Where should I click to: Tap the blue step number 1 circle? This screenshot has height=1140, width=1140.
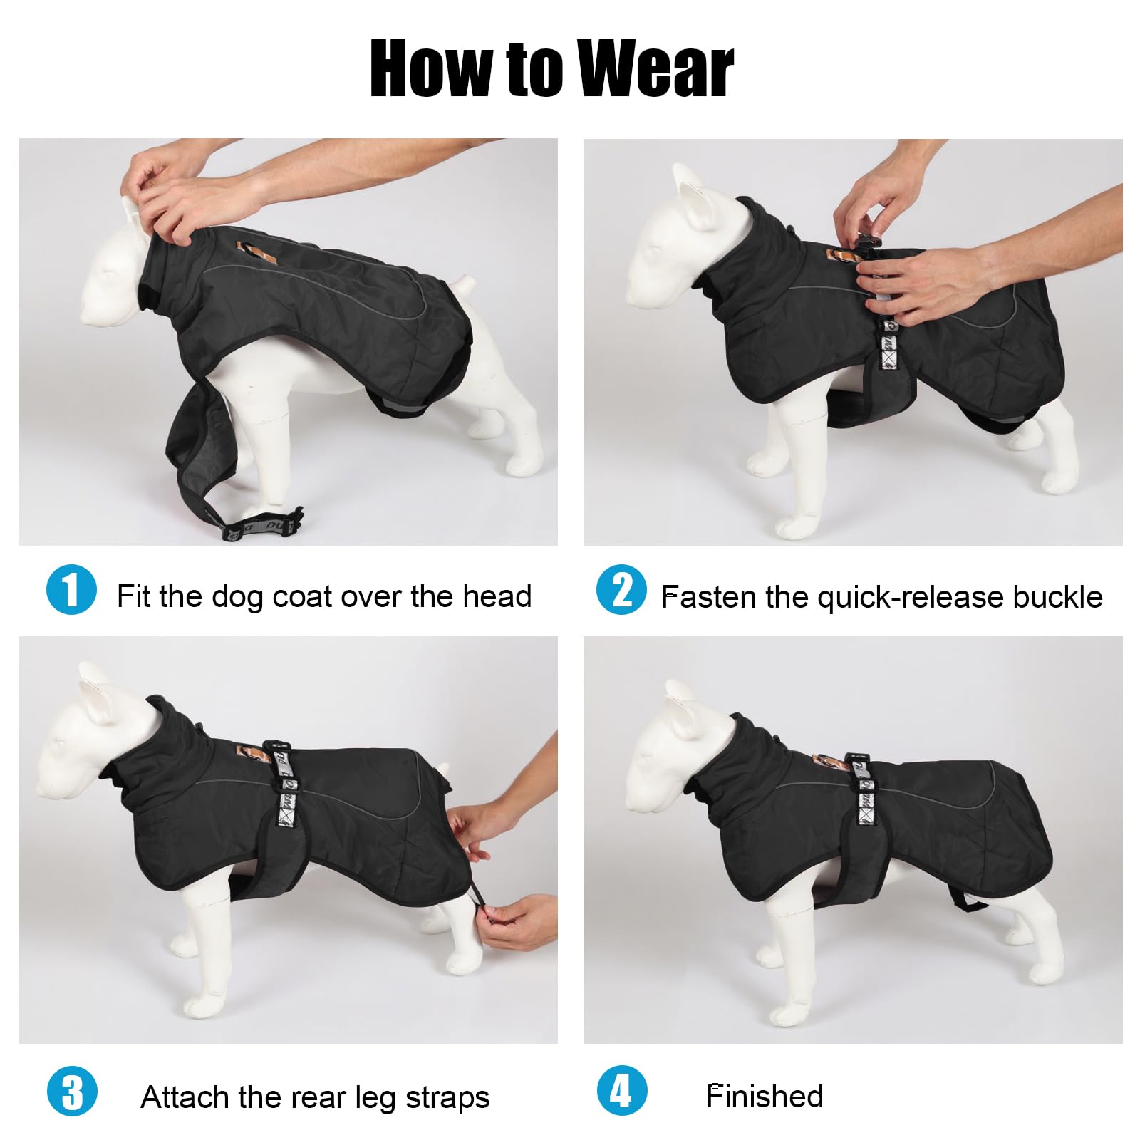[71, 589]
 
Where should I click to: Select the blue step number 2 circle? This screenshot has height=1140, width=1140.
[621, 589]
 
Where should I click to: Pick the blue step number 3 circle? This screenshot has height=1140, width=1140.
[71, 1091]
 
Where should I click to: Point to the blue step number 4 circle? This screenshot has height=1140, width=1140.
[621, 1091]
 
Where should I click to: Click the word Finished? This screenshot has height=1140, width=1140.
[765, 1096]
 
